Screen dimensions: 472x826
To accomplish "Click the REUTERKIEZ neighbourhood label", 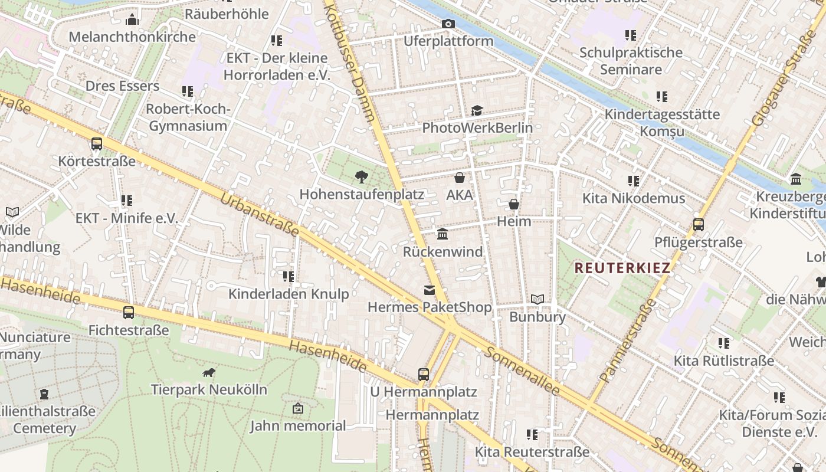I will (x=622, y=268).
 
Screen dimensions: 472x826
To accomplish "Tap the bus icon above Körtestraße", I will (x=97, y=143).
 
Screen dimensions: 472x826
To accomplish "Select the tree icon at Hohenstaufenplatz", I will (x=361, y=176).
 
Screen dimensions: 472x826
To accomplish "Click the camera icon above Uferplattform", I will (x=448, y=24).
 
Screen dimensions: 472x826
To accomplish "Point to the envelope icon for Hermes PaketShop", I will (x=429, y=290).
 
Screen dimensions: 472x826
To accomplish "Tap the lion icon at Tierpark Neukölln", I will (x=209, y=372).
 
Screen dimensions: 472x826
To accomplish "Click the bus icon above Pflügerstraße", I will (x=698, y=224).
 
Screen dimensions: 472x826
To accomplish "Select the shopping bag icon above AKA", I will (x=460, y=177).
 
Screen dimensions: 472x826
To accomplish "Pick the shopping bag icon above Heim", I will (x=514, y=204).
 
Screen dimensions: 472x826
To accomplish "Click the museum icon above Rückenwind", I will (x=442, y=234).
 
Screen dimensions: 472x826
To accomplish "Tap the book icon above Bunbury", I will (x=537, y=299).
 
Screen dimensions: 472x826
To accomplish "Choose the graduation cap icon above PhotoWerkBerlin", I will (x=477, y=110).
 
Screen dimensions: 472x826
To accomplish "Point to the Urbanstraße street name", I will (x=260, y=214).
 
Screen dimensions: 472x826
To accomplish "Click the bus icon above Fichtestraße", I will (x=128, y=312).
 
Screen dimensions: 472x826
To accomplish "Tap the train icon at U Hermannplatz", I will (x=423, y=374).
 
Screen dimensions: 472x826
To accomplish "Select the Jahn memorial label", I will (x=298, y=425).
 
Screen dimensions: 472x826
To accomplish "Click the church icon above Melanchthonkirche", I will (x=132, y=19).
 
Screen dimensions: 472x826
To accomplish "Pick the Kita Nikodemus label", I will (x=634, y=198).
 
